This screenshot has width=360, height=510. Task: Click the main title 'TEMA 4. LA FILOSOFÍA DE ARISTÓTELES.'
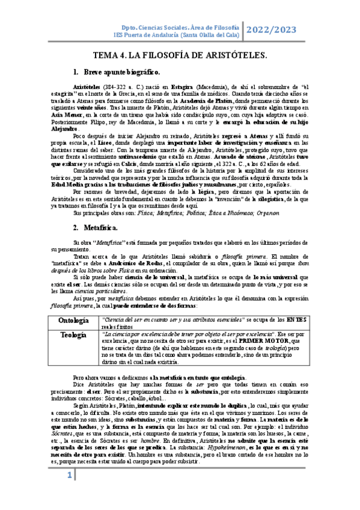tap(180, 56)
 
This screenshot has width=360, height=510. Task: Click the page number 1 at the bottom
tap(70, 493)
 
